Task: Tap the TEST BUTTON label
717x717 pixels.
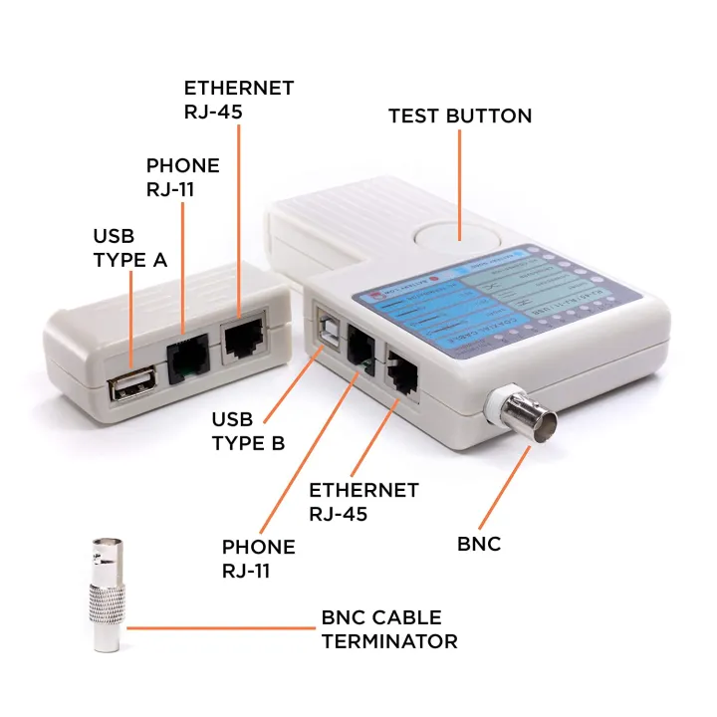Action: pyautogui.click(x=459, y=117)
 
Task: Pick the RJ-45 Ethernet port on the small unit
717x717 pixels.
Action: pyautogui.click(x=244, y=340)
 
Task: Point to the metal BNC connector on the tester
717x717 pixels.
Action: pyautogui.click(x=518, y=412)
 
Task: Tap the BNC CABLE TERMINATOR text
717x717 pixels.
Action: pyautogui.click(x=388, y=629)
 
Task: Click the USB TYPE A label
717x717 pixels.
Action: pyautogui.click(x=129, y=248)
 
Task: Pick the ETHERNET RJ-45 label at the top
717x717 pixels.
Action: pyautogui.click(x=238, y=100)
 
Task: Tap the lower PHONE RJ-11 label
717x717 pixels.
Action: pyautogui.click(x=258, y=558)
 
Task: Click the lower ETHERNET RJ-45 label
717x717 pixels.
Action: pyautogui.click(x=363, y=502)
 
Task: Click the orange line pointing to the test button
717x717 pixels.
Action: pyautogui.click(x=459, y=184)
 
